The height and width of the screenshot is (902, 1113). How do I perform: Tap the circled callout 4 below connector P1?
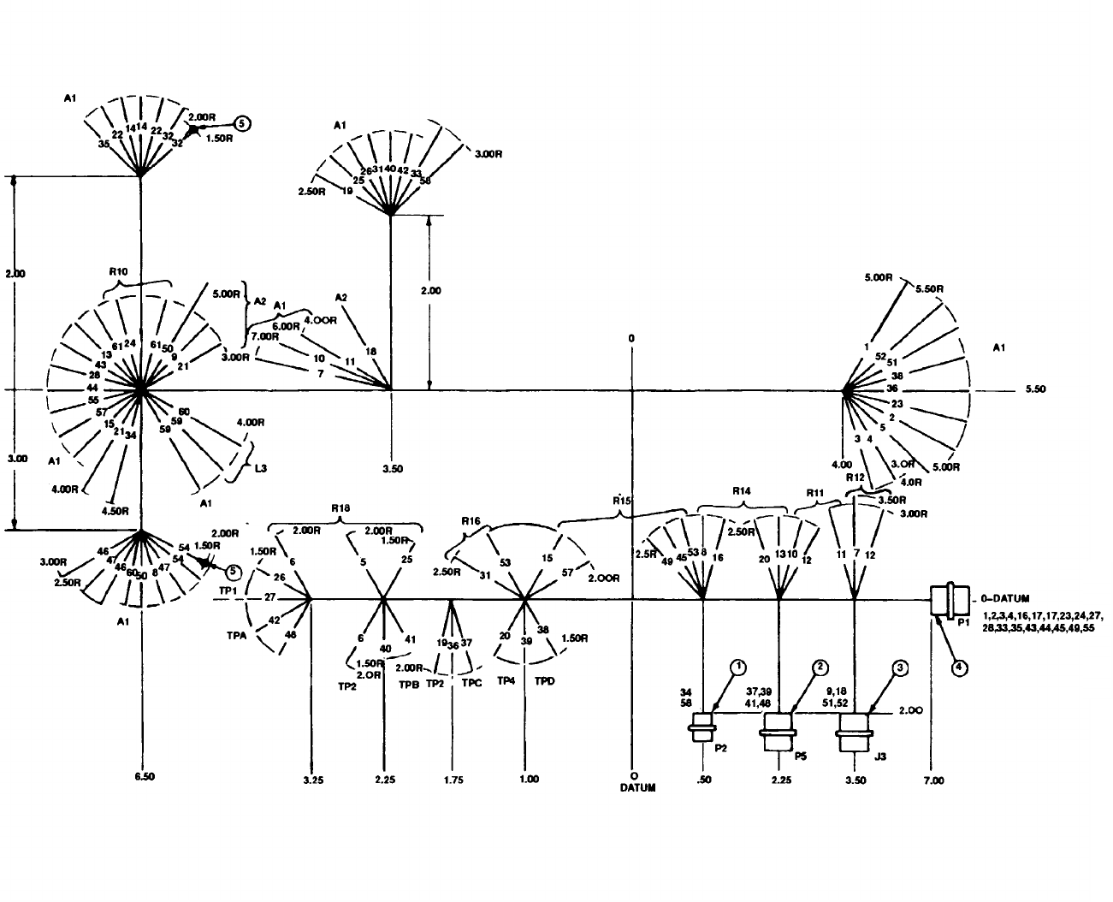tap(960, 667)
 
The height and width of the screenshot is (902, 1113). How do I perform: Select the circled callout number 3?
tap(899, 667)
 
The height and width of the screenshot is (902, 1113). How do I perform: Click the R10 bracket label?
tap(119, 272)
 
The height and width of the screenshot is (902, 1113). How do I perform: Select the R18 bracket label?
tap(340, 507)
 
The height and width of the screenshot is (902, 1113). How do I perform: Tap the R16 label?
tap(471, 521)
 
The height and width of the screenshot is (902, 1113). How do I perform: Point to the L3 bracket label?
tap(262, 468)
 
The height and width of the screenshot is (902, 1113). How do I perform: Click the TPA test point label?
tap(238, 637)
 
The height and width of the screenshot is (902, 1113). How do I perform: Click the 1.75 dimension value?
tap(454, 780)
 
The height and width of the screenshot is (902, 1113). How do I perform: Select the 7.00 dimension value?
tap(934, 780)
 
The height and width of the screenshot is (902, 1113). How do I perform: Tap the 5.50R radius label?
tap(929, 289)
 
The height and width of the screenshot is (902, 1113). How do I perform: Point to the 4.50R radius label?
tap(115, 511)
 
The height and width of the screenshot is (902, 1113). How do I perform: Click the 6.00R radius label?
tap(287, 326)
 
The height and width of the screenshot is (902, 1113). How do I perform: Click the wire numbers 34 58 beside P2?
tap(685, 697)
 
